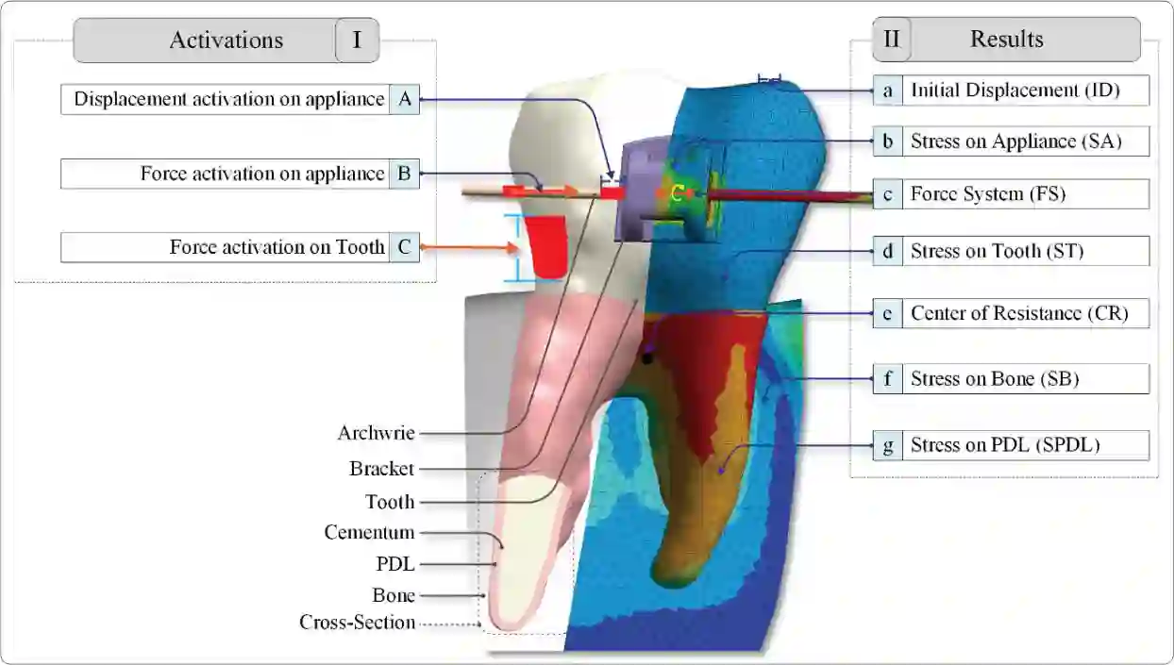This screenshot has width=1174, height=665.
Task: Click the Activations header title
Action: [226, 41]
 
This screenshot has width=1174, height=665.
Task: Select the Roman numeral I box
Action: [357, 41]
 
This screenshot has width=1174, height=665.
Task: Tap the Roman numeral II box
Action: [891, 40]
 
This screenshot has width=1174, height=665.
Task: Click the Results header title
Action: [1006, 40]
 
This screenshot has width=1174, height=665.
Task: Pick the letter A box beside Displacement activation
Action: [404, 99]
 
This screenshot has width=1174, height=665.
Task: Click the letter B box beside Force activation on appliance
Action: [404, 174]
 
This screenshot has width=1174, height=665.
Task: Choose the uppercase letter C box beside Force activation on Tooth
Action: [404, 248]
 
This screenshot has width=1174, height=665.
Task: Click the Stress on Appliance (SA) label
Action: [1015, 141]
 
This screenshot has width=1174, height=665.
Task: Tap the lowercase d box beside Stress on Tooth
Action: [887, 251]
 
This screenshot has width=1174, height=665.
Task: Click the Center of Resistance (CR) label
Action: [1018, 313]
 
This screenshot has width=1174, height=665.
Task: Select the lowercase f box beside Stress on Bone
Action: [887, 379]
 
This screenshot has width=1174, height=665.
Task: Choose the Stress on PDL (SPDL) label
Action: [1005, 445]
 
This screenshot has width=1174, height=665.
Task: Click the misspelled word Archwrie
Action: [376, 433]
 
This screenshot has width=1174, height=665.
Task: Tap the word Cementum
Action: [369, 533]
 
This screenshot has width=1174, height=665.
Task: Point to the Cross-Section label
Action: [357, 623]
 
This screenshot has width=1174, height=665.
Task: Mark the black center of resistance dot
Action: [646, 358]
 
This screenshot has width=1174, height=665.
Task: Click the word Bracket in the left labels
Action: [381, 469]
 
